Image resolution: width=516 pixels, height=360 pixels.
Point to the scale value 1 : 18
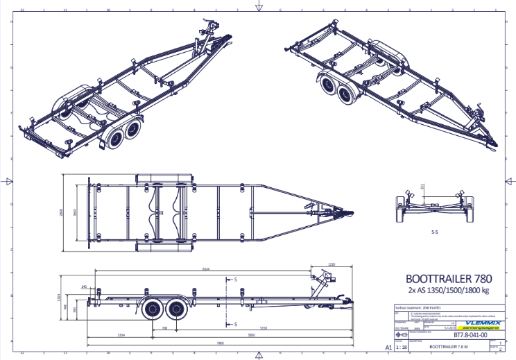click(x=401, y=349)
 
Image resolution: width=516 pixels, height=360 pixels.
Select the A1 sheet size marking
click(x=388, y=347)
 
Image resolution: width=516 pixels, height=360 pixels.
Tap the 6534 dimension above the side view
click(x=206, y=268)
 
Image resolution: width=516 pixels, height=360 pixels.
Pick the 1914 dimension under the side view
click(x=121, y=334)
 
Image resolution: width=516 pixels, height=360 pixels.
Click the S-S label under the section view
click(x=435, y=232)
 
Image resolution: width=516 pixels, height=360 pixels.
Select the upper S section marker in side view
click(x=235, y=279)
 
